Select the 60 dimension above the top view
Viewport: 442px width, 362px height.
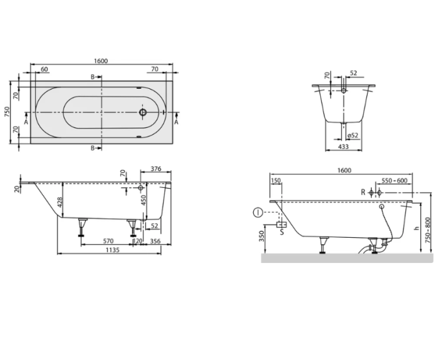(45, 69)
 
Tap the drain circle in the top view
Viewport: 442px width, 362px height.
(143, 114)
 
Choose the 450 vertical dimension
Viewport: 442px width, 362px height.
(144, 200)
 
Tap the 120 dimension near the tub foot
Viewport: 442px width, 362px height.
(136, 240)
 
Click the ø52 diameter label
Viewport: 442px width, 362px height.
(353, 136)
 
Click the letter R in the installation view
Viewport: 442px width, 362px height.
(362, 192)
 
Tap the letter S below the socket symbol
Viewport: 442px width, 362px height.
(282, 231)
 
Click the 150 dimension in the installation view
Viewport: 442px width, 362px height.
(276, 181)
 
